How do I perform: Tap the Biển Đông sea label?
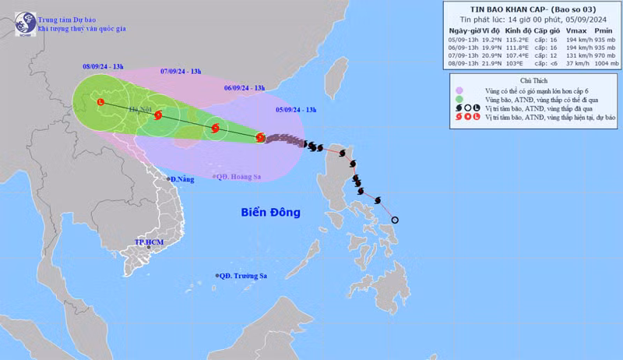coord(270,212)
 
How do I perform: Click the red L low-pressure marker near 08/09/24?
coord(100,103)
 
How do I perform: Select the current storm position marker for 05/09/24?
coord(260,138)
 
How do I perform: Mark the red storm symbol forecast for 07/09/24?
coord(158,115)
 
